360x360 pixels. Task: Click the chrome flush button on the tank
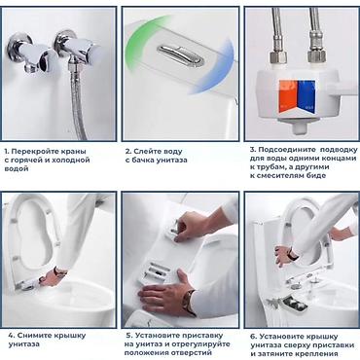point(181,54)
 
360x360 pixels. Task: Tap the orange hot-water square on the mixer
point(287,96)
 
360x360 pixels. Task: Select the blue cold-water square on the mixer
point(306,96)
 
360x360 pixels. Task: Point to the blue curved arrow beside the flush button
point(218,70)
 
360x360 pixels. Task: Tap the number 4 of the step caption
point(11,336)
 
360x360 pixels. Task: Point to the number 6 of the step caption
point(253,337)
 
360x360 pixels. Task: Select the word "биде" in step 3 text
point(315,176)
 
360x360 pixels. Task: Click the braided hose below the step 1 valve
point(77,100)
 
